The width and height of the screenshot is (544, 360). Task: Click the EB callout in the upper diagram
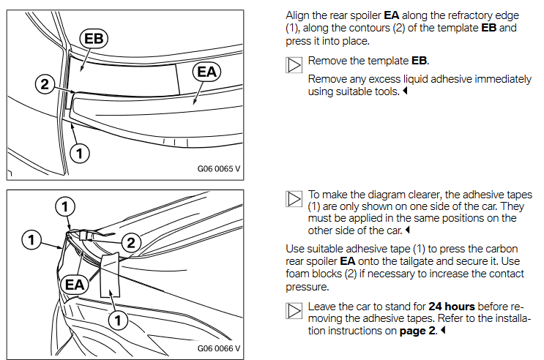pos(94,39)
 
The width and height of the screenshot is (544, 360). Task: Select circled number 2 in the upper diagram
pos(45,85)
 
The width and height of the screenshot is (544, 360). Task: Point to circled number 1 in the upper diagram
pos(79,152)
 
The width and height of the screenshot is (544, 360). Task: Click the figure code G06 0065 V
pos(218,168)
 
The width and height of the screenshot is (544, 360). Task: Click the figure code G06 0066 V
pos(218,348)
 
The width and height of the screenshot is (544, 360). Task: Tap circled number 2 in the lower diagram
pos(130,242)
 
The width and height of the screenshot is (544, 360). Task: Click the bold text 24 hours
pos(452,306)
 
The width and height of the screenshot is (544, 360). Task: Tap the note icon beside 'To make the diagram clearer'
pos(294,198)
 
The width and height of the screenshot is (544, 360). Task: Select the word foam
pos(299,274)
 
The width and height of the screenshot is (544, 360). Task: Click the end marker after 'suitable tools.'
pos(405,92)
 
